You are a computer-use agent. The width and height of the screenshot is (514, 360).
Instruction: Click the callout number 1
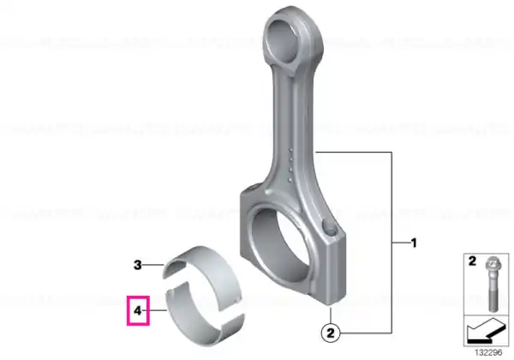(414, 243)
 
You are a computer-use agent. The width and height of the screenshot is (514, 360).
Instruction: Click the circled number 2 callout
(331, 333)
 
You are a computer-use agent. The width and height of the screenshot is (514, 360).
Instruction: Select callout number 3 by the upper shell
(138, 265)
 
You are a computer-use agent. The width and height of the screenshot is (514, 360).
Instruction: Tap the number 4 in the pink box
(138, 310)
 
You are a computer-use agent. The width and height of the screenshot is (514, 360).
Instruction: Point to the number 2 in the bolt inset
(472, 261)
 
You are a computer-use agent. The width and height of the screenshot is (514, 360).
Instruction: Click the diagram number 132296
(488, 353)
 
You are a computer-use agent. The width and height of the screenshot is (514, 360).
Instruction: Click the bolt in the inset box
(493, 284)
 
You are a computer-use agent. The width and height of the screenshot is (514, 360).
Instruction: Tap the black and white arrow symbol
(486, 332)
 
